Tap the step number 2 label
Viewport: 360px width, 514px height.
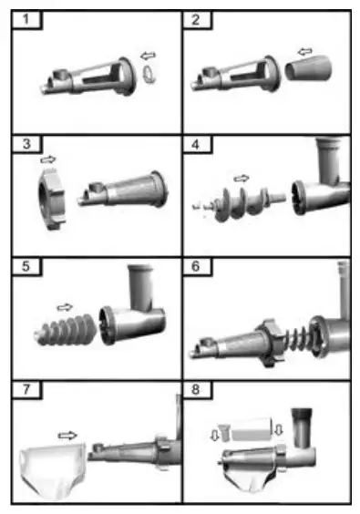click(200, 19)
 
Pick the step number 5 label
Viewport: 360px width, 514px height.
click(27, 269)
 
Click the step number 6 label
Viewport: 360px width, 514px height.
click(200, 269)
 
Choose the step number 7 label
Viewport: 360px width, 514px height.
click(27, 391)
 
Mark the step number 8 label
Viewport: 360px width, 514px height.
click(200, 391)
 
